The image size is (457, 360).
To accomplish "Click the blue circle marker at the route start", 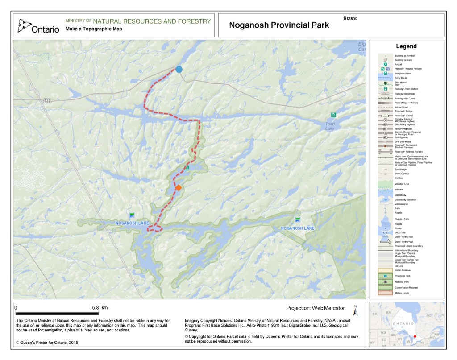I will click(x=179, y=69).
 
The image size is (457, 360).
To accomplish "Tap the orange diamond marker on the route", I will click(x=178, y=188).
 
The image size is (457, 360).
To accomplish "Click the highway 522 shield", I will click(x=48, y=102).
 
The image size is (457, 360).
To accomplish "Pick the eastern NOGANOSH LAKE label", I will click(x=298, y=228).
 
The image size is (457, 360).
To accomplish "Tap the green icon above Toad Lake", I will click(x=333, y=115).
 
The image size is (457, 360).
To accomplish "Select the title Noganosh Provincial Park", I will click(x=279, y=25).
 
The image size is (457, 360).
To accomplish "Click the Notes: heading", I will click(x=351, y=19).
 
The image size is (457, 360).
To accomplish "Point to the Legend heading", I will click(x=406, y=46).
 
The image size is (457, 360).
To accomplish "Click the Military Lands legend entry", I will click(x=402, y=293).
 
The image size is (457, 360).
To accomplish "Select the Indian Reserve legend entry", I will click(x=401, y=270).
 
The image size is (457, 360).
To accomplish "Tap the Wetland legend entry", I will click(x=399, y=190).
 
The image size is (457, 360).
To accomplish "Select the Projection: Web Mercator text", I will click(x=315, y=308).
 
